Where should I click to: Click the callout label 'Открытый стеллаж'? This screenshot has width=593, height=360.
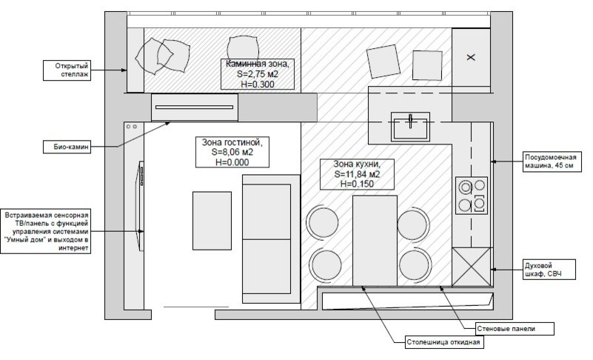point(67,70)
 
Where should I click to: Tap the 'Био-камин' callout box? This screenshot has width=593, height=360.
point(67,147)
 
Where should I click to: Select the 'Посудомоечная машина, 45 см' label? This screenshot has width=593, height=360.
point(552,161)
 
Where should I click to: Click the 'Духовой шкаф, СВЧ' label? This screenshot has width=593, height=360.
point(549,270)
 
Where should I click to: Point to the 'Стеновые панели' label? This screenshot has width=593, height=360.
point(515,329)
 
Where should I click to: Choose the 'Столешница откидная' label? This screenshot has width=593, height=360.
point(444,342)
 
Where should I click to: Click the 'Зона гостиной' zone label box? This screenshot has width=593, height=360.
point(232,152)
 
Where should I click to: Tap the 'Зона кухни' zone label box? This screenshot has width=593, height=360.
point(357,174)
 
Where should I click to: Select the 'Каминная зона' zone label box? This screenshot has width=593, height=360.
point(258,74)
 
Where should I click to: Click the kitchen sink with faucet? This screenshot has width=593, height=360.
point(410,127)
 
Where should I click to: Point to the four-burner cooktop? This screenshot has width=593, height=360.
point(472,196)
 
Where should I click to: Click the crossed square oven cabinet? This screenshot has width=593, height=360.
point(472,267)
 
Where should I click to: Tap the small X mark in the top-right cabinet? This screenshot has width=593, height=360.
point(471,58)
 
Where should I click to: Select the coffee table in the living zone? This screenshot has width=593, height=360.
point(212,221)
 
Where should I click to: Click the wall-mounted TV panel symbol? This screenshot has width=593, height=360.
point(141,206)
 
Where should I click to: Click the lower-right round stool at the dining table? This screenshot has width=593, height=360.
point(415,265)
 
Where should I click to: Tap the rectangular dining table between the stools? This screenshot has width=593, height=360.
point(375,241)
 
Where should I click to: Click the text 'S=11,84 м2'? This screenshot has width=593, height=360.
point(357,174)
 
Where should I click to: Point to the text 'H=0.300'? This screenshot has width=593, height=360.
point(258,84)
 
